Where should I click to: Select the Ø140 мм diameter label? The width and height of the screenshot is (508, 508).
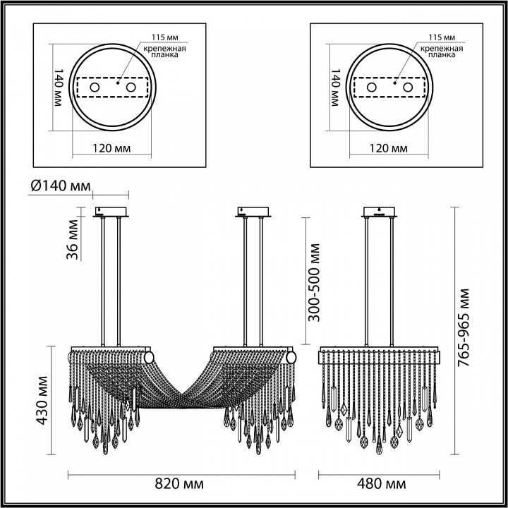coord(61,186)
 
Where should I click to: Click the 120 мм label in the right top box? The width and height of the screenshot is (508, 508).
coord(389,149)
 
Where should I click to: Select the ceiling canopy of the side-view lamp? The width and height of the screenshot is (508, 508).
coord(382,212)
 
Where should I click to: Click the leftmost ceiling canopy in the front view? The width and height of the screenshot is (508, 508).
coord(110,212)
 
